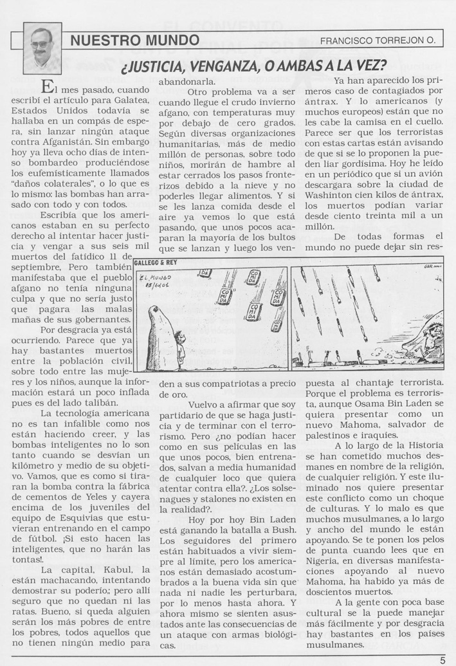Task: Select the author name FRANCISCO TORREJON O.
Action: pos(378,41)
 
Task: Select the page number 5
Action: pos(443,658)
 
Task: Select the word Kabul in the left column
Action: pos(114,570)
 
